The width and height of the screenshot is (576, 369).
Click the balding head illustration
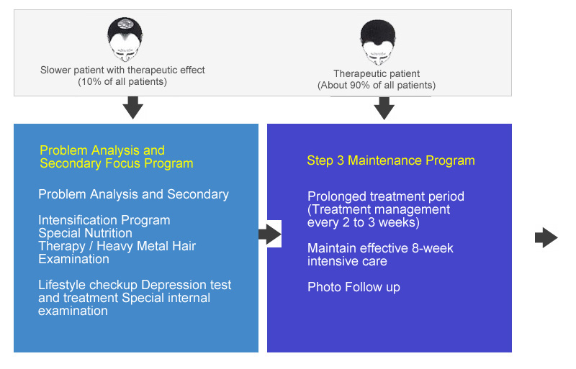point(125,40)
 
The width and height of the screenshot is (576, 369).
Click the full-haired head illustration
point(378,42)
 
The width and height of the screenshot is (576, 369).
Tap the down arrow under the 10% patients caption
point(133,108)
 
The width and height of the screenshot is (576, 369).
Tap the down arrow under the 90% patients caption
point(384,109)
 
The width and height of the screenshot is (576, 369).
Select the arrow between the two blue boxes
point(270,234)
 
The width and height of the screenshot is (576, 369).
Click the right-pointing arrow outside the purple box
point(546,237)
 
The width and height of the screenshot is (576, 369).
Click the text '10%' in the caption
point(91,81)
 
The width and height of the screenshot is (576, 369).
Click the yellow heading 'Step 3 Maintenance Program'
point(391,160)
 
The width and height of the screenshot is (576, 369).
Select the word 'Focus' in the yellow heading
point(122,163)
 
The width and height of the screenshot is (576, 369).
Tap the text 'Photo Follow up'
point(354,287)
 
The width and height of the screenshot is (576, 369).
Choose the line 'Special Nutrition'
point(85,233)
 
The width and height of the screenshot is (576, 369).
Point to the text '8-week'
point(433,248)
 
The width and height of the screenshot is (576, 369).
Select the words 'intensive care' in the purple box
point(347,261)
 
